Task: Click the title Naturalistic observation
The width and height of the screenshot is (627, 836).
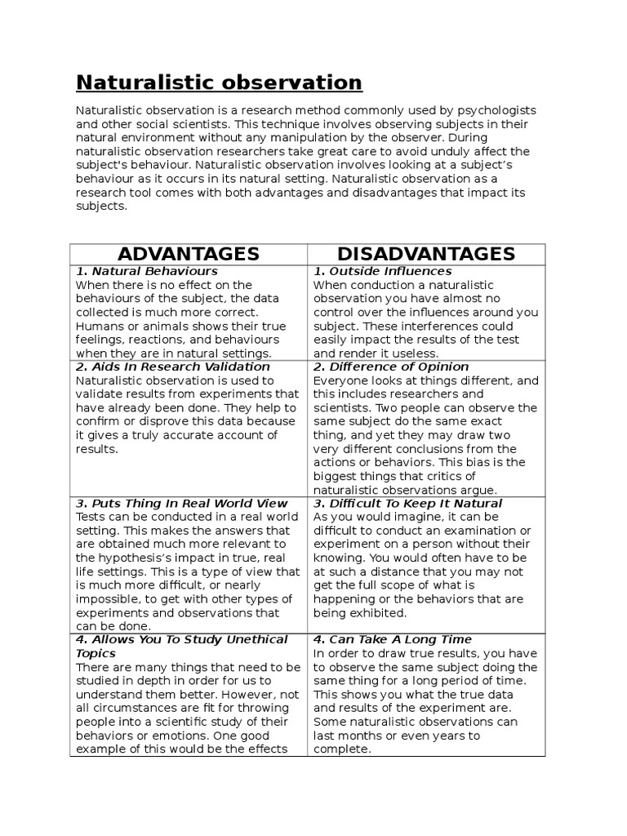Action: click(219, 82)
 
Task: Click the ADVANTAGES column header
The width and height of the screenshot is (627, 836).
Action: click(188, 253)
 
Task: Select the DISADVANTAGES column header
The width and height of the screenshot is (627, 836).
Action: click(426, 253)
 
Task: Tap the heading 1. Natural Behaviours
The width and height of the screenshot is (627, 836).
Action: click(147, 271)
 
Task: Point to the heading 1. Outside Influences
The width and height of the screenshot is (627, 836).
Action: click(383, 271)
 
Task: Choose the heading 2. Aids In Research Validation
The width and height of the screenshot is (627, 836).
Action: click(172, 367)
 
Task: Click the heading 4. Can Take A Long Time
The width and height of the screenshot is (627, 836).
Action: click(393, 639)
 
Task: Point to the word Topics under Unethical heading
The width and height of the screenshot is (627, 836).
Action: click(96, 653)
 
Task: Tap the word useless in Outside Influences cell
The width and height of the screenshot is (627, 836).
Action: click(416, 354)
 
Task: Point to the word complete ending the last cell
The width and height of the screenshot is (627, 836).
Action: click(340, 749)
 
